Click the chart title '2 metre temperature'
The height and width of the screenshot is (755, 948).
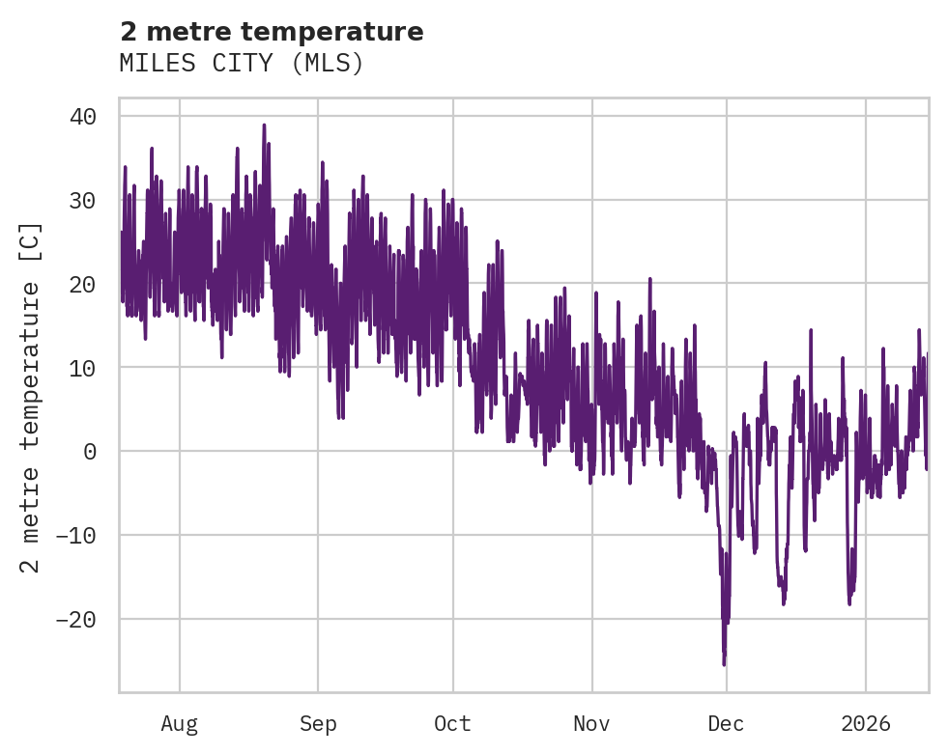[x=272, y=32]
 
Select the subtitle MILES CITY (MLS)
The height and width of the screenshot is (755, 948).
[x=242, y=64]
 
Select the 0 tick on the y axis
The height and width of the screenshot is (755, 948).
[x=89, y=451]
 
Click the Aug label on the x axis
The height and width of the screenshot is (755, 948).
[x=179, y=724]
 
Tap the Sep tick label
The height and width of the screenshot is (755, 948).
[x=318, y=724]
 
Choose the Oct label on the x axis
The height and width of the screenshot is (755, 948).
[x=452, y=724]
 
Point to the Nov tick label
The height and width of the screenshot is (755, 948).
[x=591, y=724]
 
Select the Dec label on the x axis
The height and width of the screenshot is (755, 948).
[x=726, y=724]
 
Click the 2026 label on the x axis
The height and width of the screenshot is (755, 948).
[x=865, y=724]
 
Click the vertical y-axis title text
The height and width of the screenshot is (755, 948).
[x=31, y=397]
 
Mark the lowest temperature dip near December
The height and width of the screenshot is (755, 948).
[x=724, y=664]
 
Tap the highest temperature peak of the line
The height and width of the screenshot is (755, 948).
[x=264, y=125]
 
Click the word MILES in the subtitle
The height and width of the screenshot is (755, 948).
[x=151, y=64]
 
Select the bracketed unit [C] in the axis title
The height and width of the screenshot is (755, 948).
[x=31, y=242]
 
